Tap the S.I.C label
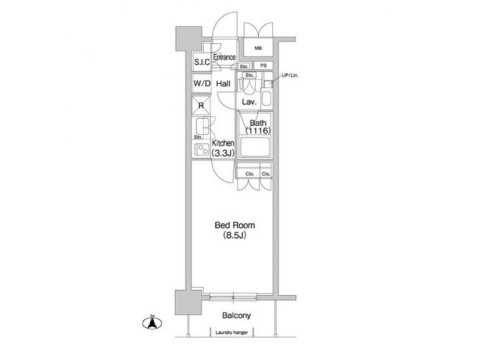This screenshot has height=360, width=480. point(202,62)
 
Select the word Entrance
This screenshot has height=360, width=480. point(224,58)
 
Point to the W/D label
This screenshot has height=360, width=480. point(202,84)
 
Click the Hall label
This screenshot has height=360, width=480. point(223,84)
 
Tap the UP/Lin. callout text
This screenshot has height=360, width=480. point(290,75)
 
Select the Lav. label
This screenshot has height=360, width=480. point(249,103)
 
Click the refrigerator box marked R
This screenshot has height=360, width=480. point(201,105)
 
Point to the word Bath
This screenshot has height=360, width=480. point(258,123)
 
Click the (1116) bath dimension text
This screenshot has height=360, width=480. point(258,132)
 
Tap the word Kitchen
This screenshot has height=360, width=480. point(223,143)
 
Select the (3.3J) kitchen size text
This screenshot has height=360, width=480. point(223,153)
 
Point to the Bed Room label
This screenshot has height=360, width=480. point(233,225)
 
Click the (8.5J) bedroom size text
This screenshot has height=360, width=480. point(233,235)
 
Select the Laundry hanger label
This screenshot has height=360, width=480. point(232,331)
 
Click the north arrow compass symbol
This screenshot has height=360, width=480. point(151,323)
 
